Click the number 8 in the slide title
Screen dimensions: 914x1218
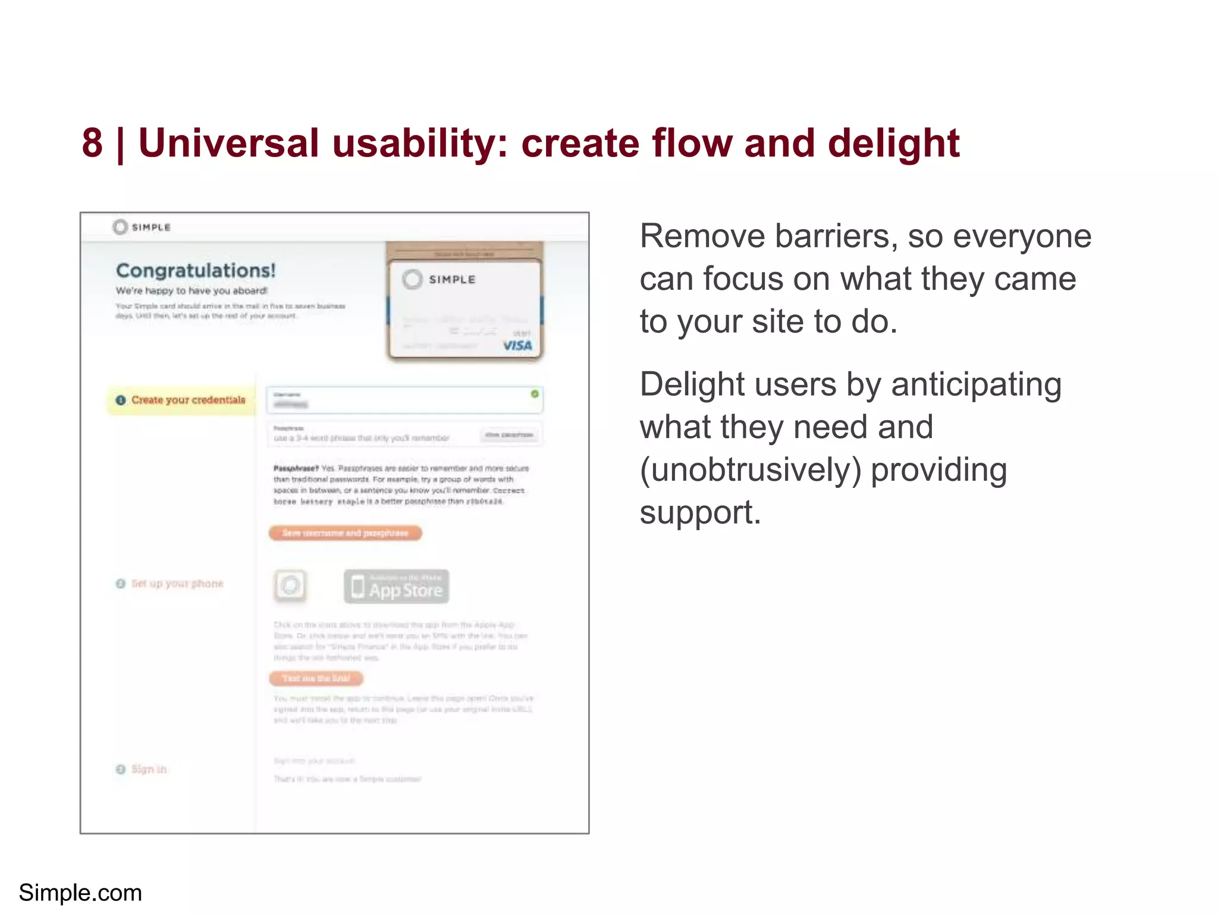92,143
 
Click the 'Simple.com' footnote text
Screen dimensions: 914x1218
80,893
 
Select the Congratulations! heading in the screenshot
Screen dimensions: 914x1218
196,271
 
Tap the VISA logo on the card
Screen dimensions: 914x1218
517,345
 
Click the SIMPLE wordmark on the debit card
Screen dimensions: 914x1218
451,280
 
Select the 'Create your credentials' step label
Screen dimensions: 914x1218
188,400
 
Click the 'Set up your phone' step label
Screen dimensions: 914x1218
177,584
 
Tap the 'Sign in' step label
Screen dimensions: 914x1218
149,769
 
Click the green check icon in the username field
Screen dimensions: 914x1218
534,394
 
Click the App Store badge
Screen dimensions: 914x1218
397,587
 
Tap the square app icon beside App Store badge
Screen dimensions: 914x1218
290,586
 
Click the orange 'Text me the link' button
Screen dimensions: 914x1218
316,678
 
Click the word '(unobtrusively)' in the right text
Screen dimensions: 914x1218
751,470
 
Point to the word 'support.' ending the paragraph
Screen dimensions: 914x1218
700,513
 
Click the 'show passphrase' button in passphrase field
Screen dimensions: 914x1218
508,435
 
